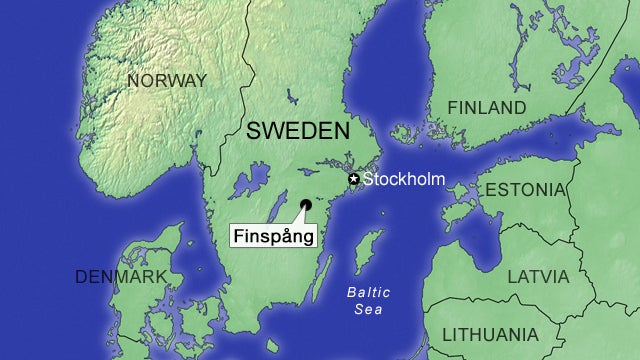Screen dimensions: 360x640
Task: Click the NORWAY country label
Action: point(166,80)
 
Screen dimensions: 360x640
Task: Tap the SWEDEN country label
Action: point(298,130)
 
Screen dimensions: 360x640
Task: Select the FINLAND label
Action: point(486,107)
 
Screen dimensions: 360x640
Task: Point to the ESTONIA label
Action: point(524,190)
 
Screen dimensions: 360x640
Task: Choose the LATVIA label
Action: point(538,276)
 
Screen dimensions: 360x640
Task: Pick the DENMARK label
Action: point(121,277)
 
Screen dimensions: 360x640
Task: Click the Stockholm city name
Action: point(403,180)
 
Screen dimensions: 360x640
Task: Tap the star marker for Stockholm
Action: point(353,179)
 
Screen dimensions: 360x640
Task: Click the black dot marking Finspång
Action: point(305,205)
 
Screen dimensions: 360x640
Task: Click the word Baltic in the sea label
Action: point(369,292)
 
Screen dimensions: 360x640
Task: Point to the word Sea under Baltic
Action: point(368,310)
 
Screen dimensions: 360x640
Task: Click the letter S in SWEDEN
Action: point(254,130)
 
